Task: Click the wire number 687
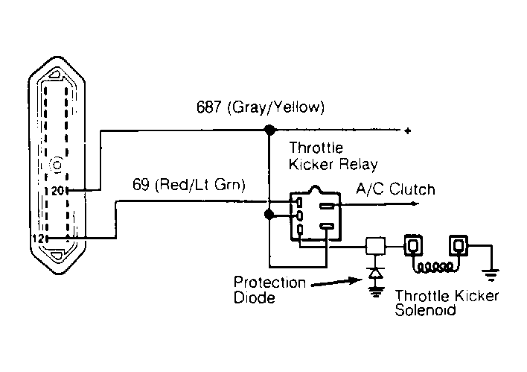[x=208, y=107]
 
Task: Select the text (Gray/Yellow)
[x=276, y=107]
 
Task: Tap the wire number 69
[x=141, y=184]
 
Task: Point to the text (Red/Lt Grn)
[x=200, y=185]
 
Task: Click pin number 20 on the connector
[x=57, y=191]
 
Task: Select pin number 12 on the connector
[x=38, y=239]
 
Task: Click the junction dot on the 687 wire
[x=269, y=130]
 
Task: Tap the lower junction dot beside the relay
[x=269, y=214]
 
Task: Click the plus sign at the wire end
[x=408, y=130]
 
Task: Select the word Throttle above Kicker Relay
[x=316, y=148]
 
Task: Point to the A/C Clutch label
[x=395, y=189]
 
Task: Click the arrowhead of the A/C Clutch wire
[x=416, y=204]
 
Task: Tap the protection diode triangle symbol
[x=375, y=273]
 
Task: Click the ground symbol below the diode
[x=376, y=292]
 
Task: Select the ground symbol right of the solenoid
[x=491, y=275]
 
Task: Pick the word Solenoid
[x=425, y=310]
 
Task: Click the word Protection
[x=269, y=283]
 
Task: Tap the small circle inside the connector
[x=57, y=165]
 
